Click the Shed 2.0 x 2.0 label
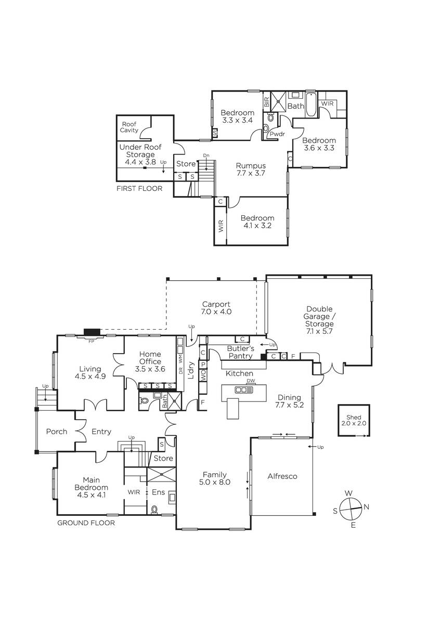354,420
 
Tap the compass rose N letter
366,507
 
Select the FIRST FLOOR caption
139,189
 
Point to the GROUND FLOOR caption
86,523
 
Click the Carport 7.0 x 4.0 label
216,308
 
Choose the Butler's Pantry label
240,352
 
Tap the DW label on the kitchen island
251,381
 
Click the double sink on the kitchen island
243,389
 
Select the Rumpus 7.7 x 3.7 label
251,170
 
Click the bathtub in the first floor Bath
310,105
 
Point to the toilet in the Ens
154,510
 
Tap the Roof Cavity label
129,127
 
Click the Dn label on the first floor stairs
206,155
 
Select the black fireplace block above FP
92,332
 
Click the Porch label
57,432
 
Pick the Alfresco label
282,476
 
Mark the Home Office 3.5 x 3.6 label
150,361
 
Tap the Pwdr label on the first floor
277,134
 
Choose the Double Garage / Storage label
319,320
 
